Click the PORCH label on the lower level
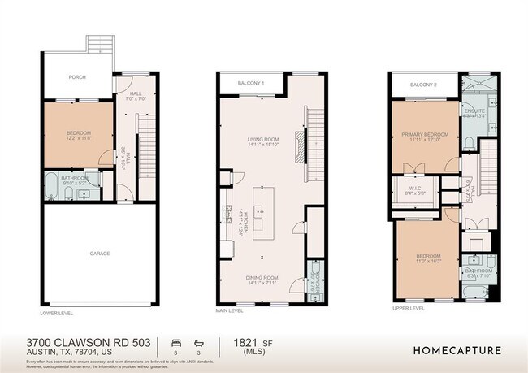tap(77, 77)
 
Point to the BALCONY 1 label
tap(251, 83)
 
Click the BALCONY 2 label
tap(423, 85)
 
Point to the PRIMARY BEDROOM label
tap(425, 134)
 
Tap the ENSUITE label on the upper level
tap(474, 111)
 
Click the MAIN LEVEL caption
tap(230, 310)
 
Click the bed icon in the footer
tap(176, 342)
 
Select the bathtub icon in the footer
tap(198, 342)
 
